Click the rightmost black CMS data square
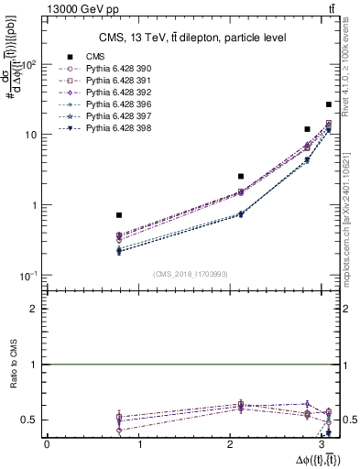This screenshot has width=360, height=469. click(329, 104)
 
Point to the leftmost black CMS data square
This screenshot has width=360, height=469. click(119, 215)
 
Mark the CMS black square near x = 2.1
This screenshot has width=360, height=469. click(241, 176)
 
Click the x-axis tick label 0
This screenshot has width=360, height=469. click(47, 444)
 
